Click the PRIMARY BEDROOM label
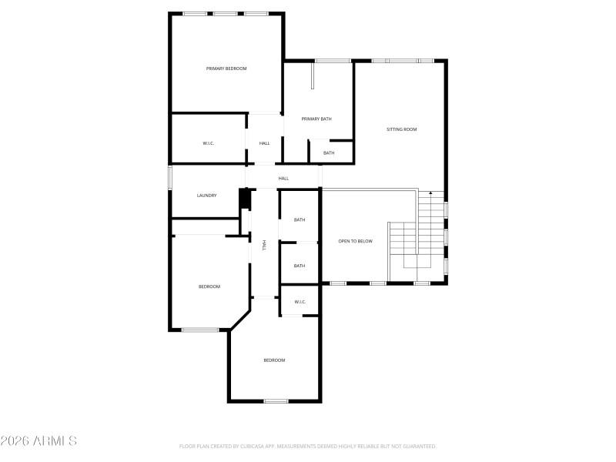(x=226, y=69)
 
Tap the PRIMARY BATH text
(x=316, y=119)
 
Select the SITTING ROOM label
(x=401, y=129)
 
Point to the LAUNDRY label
(x=206, y=196)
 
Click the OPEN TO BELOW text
(x=355, y=242)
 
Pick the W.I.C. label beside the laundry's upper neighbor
(x=208, y=143)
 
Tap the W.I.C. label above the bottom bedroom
(x=300, y=302)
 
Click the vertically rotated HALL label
(x=265, y=245)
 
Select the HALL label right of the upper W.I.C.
(x=264, y=143)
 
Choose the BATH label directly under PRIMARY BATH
(x=329, y=153)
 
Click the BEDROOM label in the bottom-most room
(x=274, y=360)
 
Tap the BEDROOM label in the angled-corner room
(x=209, y=286)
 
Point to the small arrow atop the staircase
(x=430, y=192)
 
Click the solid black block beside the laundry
(x=246, y=199)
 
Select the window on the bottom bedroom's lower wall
(x=276, y=400)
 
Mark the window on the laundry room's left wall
(x=170, y=176)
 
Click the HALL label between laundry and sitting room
(x=283, y=179)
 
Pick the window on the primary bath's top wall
(x=333, y=61)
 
